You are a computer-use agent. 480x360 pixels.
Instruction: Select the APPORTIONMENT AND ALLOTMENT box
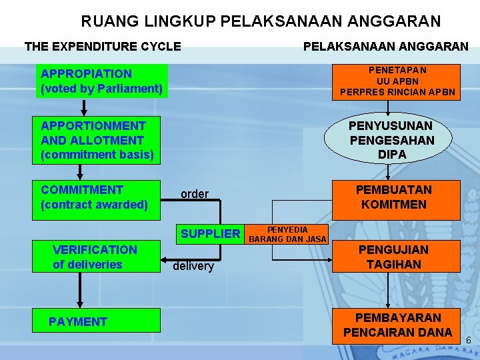coord(97,140)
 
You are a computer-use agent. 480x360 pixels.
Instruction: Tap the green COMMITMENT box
coord(97,198)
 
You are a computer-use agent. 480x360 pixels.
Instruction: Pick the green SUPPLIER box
coord(211,233)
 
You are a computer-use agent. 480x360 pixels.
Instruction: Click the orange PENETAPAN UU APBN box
coord(397,81)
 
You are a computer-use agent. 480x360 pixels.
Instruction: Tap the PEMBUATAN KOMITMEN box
coord(393,197)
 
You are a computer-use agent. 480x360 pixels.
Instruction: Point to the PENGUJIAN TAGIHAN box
coord(393,257)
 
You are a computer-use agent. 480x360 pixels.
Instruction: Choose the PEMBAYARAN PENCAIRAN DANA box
coord(397,325)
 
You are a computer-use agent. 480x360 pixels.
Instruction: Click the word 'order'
coord(195,194)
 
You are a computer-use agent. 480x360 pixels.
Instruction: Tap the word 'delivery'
coord(193,267)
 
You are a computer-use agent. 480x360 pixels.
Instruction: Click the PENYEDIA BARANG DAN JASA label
coord(287,234)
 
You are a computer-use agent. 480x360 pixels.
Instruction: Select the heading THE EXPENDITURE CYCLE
coord(103,47)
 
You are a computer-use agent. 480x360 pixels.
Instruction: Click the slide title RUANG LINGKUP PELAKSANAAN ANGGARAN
coord(261,21)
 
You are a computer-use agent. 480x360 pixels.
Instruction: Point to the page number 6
coord(468,341)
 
